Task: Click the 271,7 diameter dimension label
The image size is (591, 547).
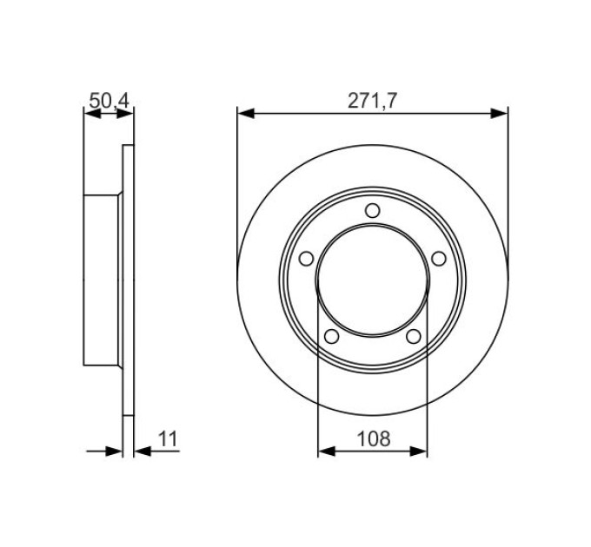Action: click(x=372, y=101)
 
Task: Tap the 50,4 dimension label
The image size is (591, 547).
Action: click(x=110, y=101)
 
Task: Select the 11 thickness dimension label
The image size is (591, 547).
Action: click(x=168, y=439)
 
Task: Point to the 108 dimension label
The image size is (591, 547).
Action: click(x=373, y=439)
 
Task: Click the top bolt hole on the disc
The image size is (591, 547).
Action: click(x=373, y=210)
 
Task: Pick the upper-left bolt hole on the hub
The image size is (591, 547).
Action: click(x=306, y=259)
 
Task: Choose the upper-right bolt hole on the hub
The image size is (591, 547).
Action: click(x=439, y=259)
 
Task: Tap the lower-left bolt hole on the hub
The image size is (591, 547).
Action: click(x=331, y=336)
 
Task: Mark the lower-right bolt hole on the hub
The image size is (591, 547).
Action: click(x=414, y=336)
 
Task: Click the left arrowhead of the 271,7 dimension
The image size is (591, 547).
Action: click(x=246, y=113)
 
